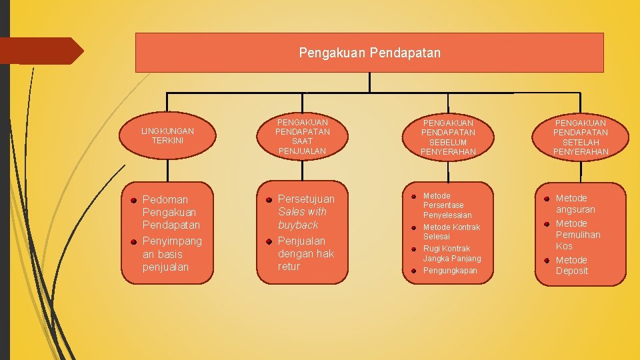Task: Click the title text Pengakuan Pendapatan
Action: click(x=369, y=52)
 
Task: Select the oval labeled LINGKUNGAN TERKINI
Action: click(x=167, y=136)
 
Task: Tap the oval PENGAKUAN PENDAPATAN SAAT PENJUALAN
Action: click(x=302, y=137)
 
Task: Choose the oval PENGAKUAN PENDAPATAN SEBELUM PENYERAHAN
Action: click(x=448, y=137)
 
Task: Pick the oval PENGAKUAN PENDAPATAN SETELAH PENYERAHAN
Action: click(x=580, y=137)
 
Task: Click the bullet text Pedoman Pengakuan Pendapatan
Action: click(x=171, y=212)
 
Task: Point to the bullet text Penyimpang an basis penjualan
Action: click(x=171, y=253)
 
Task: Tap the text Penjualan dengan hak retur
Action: click(x=305, y=253)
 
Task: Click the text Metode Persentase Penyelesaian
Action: click(x=447, y=205)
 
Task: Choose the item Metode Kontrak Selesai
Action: click(x=451, y=232)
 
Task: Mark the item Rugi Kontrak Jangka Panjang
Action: click(x=451, y=253)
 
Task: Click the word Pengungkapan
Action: click(x=450, y=271)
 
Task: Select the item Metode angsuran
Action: click(x=575, y=203)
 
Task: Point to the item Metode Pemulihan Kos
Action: click(x=577, y=235)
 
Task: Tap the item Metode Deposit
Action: click(x=571, y=265)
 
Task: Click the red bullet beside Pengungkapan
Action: click(x=413, y=271)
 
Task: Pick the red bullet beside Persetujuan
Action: click(x=268, y=199)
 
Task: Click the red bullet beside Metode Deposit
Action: click(x=545, y=261)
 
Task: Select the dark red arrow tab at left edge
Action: click(x=40, y=51)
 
